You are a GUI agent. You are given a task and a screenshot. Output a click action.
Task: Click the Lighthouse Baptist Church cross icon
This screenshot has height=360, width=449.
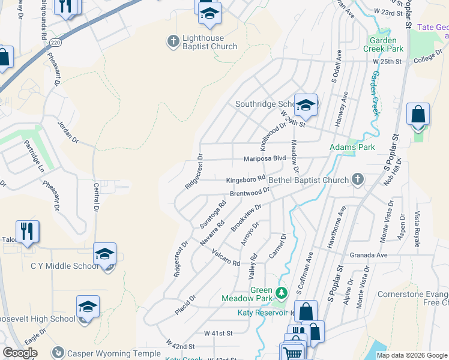(x=173, y=41)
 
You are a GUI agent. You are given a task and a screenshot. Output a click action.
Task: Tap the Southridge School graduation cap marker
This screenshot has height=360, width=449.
(x=306, y=105)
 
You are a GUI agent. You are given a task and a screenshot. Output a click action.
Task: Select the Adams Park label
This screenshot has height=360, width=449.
(x=352, y=147)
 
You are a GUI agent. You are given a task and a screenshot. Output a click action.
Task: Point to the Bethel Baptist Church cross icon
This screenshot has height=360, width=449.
(x=358, y=179)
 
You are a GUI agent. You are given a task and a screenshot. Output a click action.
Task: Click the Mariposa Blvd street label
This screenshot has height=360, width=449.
(x=264, y=159)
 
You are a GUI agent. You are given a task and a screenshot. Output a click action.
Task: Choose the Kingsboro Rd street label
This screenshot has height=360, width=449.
(x=246, y=179)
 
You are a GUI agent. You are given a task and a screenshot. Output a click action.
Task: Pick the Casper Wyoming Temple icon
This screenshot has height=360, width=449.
(x=58, y=353)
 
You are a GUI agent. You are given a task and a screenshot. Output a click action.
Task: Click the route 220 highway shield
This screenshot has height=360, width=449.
(x=56, y=43)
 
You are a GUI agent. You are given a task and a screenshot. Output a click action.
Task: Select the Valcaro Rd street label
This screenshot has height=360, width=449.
(x=226, y=258)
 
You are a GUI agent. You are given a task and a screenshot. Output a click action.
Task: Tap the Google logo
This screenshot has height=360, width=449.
(x=20, y=353)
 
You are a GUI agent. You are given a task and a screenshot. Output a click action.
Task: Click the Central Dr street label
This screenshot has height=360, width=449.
(x=95, y=198)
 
